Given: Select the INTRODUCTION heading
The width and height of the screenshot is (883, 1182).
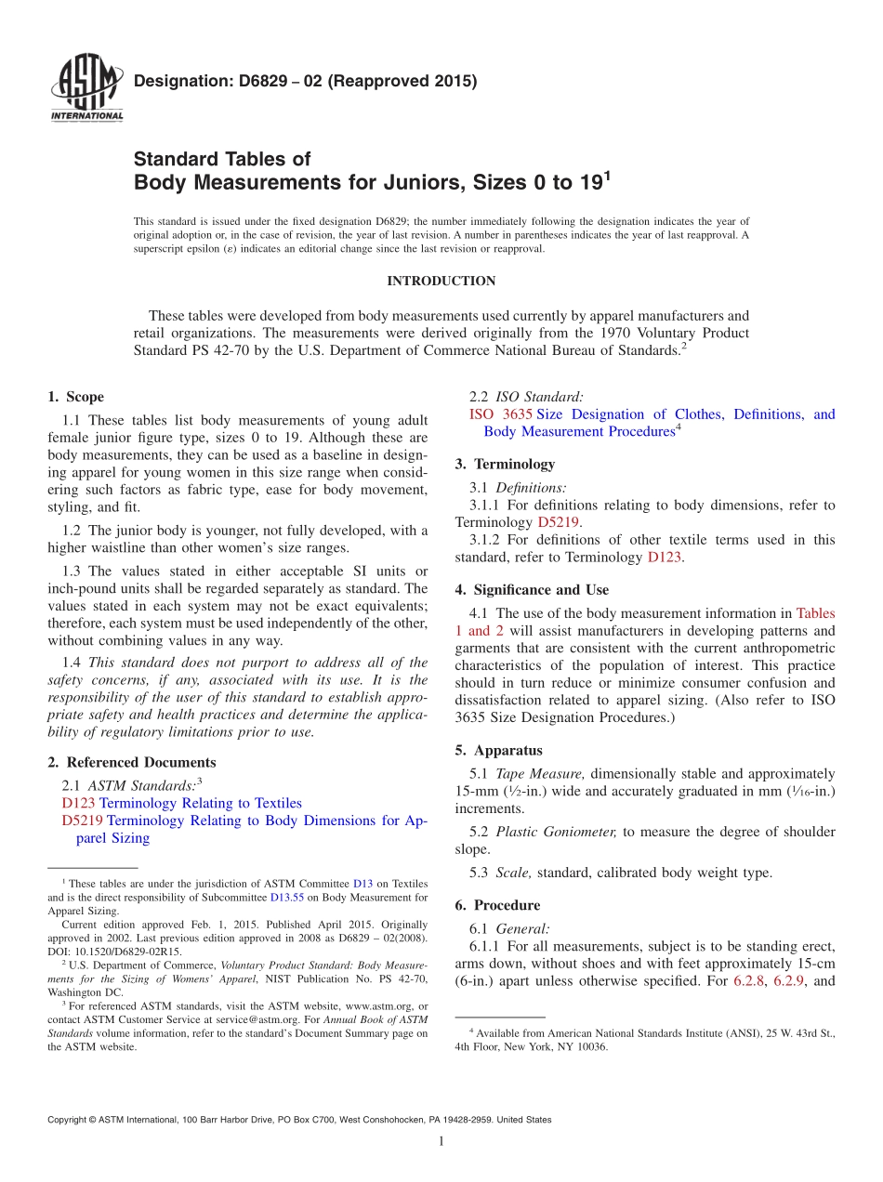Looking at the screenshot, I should (441, 281).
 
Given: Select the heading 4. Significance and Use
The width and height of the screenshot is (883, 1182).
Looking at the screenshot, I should (532, 590).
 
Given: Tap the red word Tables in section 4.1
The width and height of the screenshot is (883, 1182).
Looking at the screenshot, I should (815, 613).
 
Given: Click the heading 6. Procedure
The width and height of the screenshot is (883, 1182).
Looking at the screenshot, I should (497, 905).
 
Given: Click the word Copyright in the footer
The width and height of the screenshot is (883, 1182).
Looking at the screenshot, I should (71, 1120).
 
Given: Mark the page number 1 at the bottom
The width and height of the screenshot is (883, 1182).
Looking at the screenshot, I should (441, 1141).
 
